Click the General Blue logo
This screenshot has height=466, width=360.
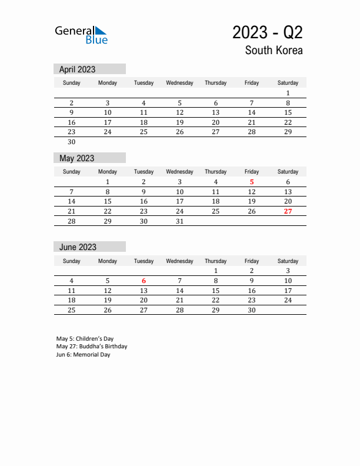pyautogui.click(x=81, y=35)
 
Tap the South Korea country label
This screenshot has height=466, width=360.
pyautogui.click(x=274, y=50)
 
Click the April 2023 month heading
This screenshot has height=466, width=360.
pyautogui.click(x=77, y=69)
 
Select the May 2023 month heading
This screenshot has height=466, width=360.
pyautogui.click(x=76, y=158)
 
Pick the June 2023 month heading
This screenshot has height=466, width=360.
pyautogui.click(x=78, y=247)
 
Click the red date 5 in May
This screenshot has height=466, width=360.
pyautogui.click(x=252, y=182)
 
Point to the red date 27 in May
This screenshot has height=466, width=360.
pyautogui.click(x=288, y=211)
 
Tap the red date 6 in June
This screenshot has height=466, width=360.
pyautogui.click(x=144, y=281)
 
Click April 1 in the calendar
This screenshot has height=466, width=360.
pyautogui.click(x=288, y=93)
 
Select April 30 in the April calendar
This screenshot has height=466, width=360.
pyautogui.click(x=72, y=142)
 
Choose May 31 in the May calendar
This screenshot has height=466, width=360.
pyautogui.click(x=179, y=221)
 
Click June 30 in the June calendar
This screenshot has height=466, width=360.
pyautogui.click(x=252, y=310)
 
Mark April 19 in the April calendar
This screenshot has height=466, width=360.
pyautogui.click(x=179, y=122)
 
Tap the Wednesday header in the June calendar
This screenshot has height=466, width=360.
pyautogui.click(x=179, y=261)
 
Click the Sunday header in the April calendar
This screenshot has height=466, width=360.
pyautogui.click(x=72, y=83)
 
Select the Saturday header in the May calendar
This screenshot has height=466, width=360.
pyautogui.click(x=288, y=172)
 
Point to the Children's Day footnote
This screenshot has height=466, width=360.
pyautogui.click(x=85, y=339)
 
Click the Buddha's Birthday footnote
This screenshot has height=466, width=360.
pyautogui.click(x=92, y=347)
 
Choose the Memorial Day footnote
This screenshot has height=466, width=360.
pyautogui.click(x=83, y=355)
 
